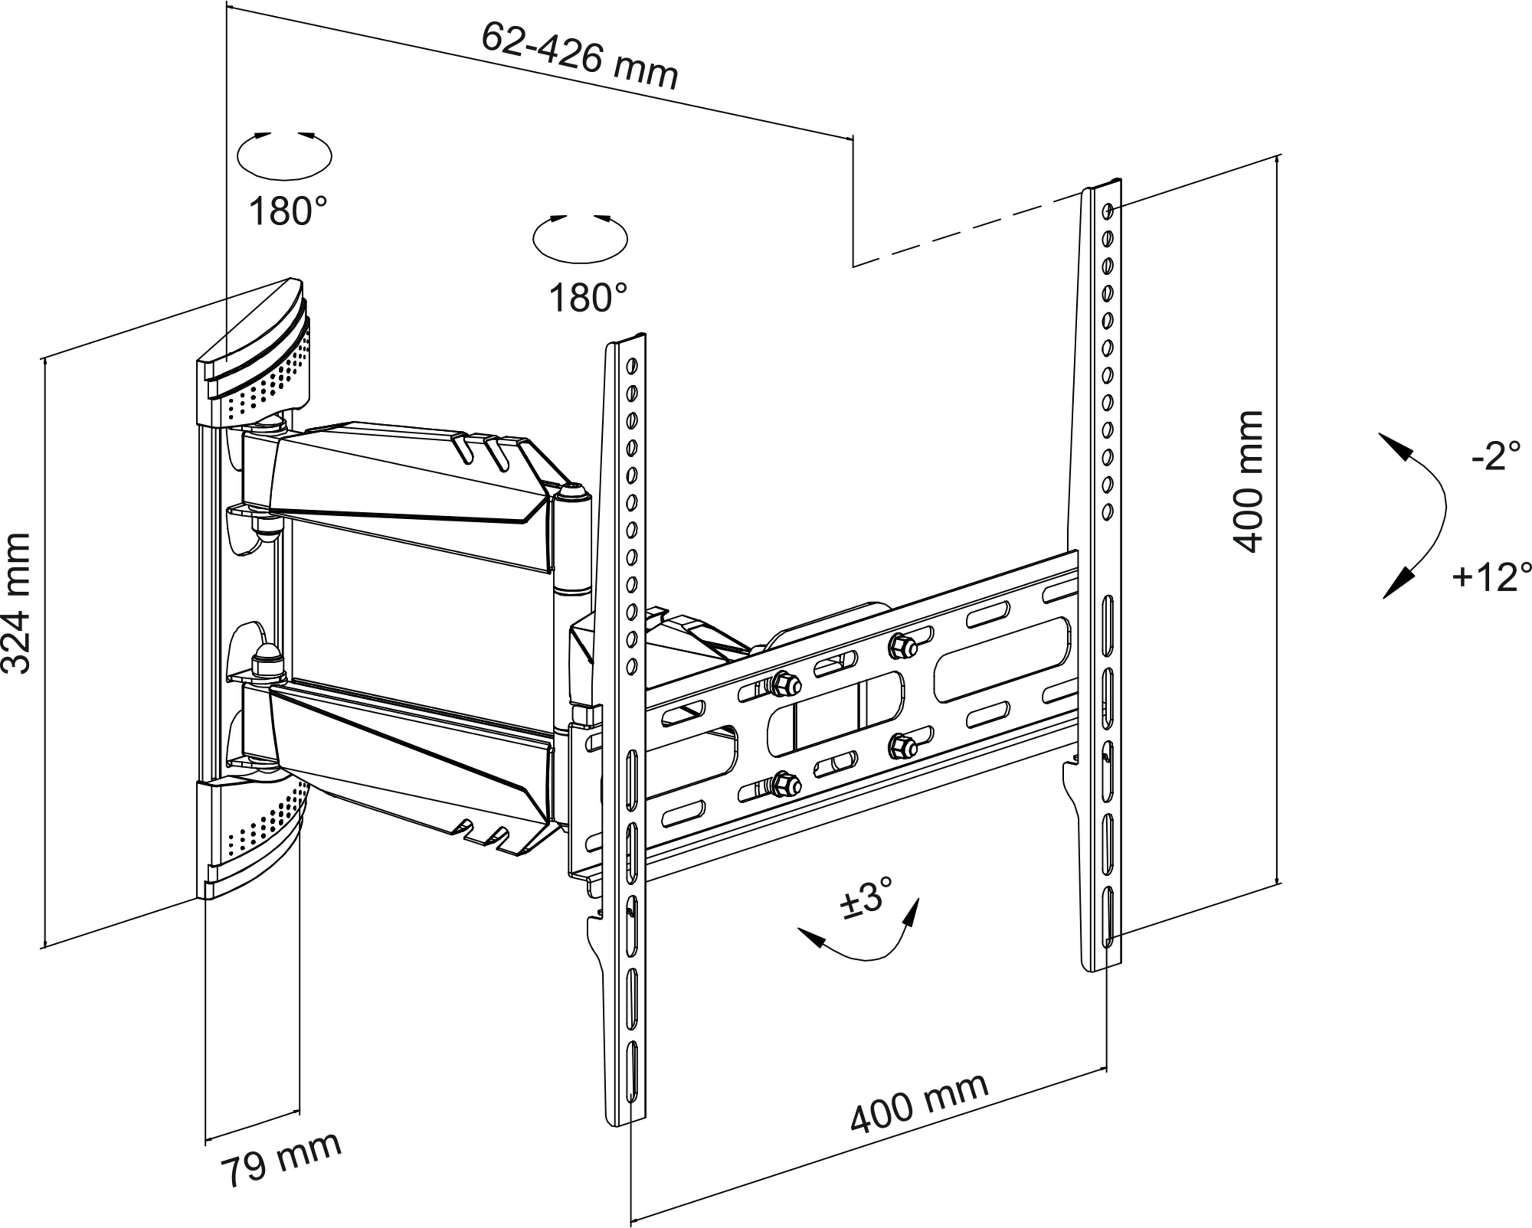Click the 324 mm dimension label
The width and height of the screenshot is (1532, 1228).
click(x=16, y=603)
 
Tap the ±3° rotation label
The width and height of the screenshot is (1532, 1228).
click(x=866, y=898)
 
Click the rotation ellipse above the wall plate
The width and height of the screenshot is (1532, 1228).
click(x=284, y=156)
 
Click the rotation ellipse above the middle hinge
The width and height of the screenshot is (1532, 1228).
click(x=580, y=239)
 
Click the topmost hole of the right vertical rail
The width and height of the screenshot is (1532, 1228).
click(x=1108, y=211)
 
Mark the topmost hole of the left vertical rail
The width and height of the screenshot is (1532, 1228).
click(x=631, y=366)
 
